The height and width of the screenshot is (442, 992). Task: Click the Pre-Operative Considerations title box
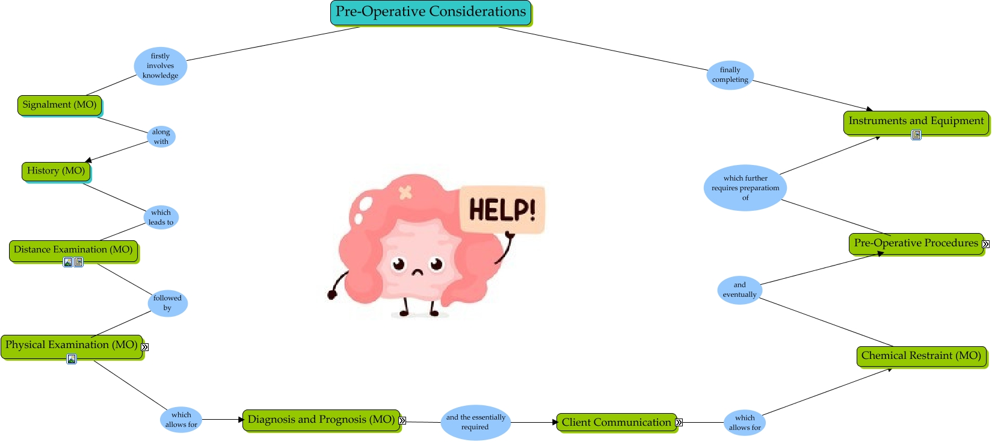click(431, 13)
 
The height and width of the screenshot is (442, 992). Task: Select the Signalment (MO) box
click(60, 105)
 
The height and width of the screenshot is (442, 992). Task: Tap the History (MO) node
click(56, 171)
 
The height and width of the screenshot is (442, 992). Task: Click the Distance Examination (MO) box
click(73, 250)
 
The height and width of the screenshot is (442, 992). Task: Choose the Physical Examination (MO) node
click(72, 345)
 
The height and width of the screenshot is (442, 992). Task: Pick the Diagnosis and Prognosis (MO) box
click(321, 420)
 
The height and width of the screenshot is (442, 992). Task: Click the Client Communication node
click(616, 423)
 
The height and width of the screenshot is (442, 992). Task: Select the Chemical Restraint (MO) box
click(921, 356)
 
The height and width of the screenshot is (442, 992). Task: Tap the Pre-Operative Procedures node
click(916, 243)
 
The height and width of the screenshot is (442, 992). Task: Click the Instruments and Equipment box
click(916, 121)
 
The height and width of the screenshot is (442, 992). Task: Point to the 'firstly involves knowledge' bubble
click(161, 66)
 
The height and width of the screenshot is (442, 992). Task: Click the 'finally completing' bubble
click(730, 75)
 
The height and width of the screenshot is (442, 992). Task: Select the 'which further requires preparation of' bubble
click(745, 188)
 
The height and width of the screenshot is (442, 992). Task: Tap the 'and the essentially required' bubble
click(475, 422)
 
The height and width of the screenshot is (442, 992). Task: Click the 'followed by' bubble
click(167, 303)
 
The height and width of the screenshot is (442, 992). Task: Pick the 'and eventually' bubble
click(739, 290)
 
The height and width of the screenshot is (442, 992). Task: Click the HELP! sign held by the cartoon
click(502, 210)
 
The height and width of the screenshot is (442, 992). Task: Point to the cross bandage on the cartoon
click(405, 192)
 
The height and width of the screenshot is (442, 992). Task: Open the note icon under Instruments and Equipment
click(916, 135)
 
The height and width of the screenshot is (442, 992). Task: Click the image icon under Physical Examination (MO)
click(72, 360)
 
